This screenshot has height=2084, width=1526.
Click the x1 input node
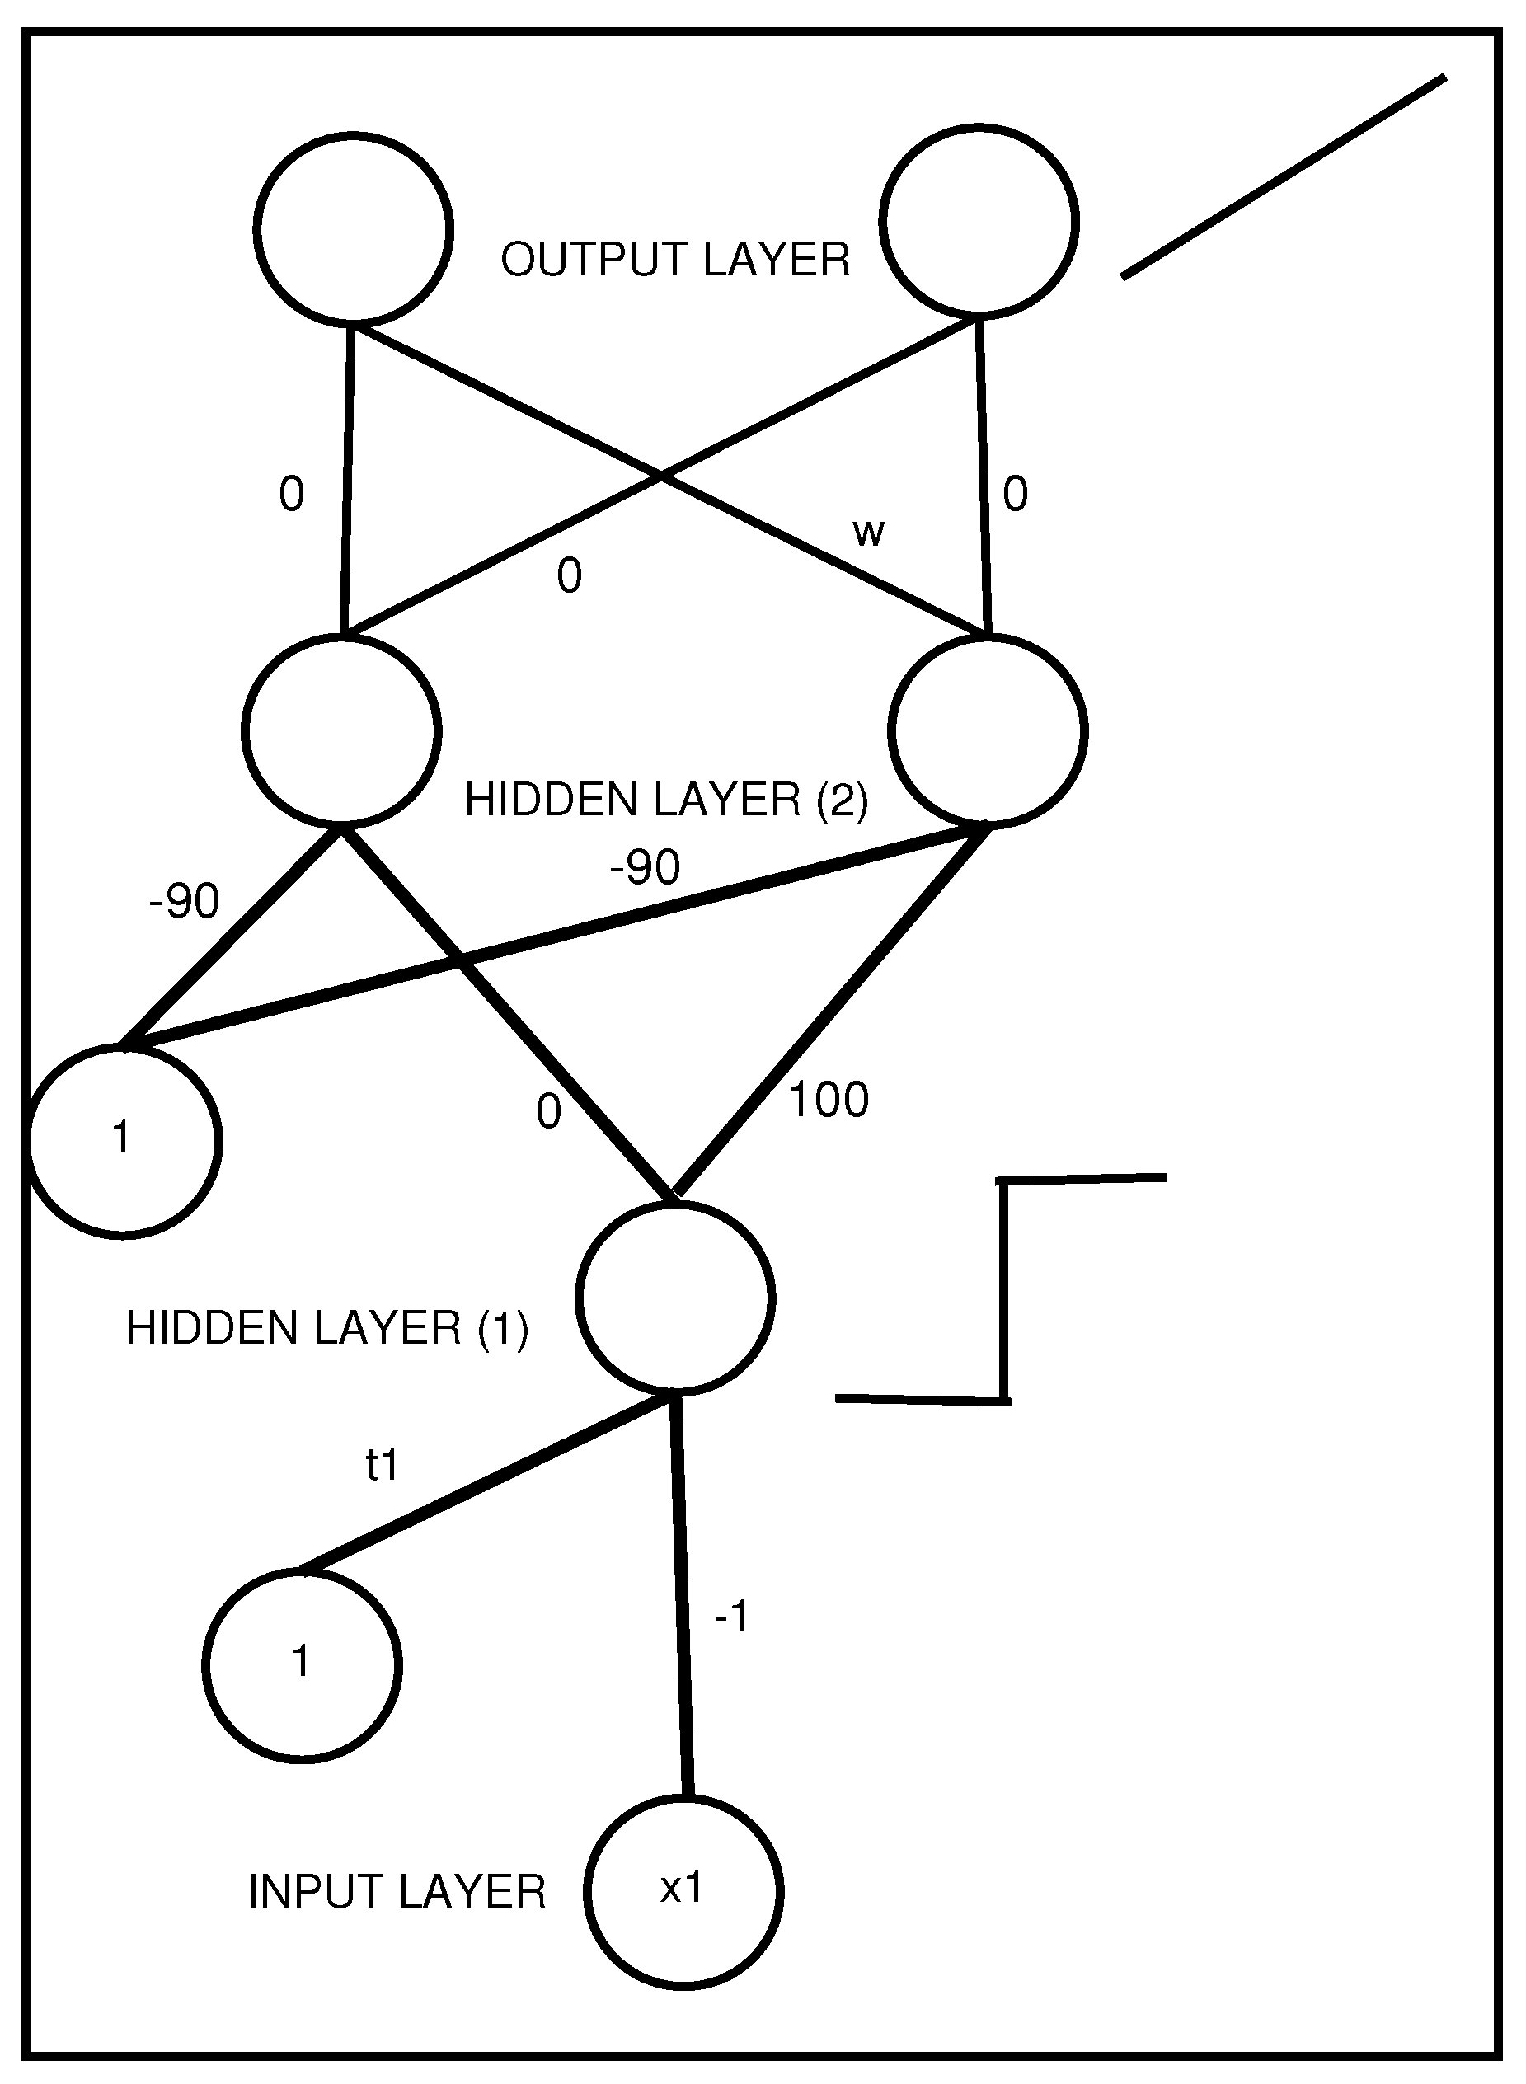(683, 1889)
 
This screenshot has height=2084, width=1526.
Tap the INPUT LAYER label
(397, 1892)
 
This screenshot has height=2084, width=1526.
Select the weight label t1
(382, 1465)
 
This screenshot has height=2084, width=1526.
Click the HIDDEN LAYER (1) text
(327, 1328)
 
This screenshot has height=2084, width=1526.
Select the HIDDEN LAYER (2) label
(666, 799)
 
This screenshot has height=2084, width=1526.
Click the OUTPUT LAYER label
(675, 260)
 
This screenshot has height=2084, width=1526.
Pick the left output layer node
(354, 228)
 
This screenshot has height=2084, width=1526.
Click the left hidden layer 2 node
(342, 730)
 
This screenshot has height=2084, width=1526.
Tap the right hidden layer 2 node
(988, 730)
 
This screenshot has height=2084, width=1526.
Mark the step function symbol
(1006, 1289)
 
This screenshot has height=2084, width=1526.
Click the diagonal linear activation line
(1284, 176)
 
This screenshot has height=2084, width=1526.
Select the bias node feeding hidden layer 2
(124, 1141)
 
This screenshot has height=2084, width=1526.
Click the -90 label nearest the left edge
(184, 901)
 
